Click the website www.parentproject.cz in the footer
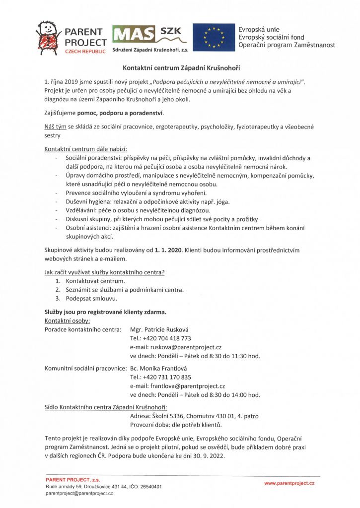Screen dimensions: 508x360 click(289, 483)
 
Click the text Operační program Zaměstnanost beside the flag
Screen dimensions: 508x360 click(287, 45)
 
